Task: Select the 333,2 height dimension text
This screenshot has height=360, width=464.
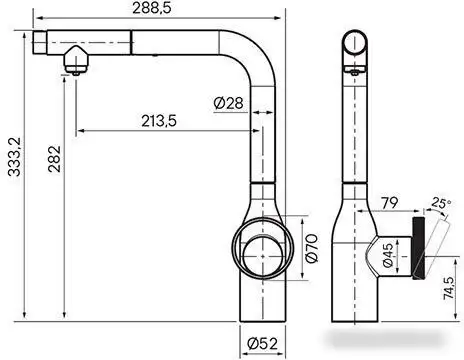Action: click(x=12, y=170)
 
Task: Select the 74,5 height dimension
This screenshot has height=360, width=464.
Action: click(x=442, y=300)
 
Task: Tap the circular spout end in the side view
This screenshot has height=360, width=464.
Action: click(x=355, y=43)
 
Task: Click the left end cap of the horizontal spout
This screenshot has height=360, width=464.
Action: click(x=41, y=42)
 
